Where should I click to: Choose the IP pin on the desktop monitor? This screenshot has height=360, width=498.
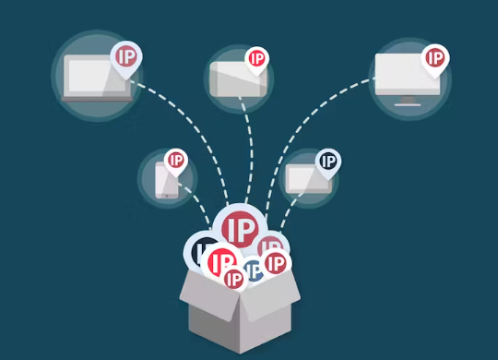pos(434,58)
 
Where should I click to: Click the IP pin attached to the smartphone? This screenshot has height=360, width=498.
pos(175,161)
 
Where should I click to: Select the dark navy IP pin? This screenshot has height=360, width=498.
pos(327,162)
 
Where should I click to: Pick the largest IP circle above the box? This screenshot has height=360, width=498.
pos(239,227)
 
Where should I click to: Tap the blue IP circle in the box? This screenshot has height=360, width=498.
pos(252,270)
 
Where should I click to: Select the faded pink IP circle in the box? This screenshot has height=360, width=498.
pos(269,246)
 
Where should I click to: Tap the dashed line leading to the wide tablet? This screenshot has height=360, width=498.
pos(247,148)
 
